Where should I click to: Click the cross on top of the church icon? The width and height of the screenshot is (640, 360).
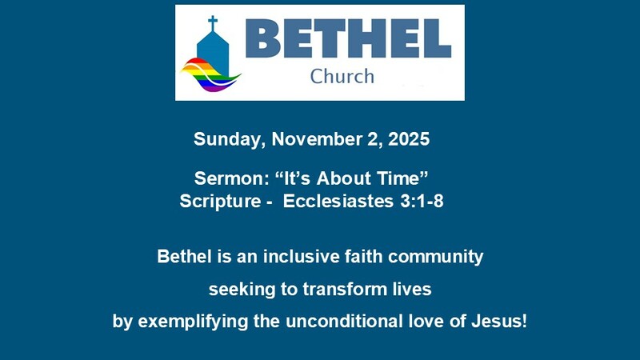click(x=213, y=22)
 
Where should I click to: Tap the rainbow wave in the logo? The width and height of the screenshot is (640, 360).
click(x=210, y=74)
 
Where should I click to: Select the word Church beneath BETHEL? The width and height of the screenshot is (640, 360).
click(x=342, y=77)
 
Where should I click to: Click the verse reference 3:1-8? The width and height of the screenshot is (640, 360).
click(x=418, y=201)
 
